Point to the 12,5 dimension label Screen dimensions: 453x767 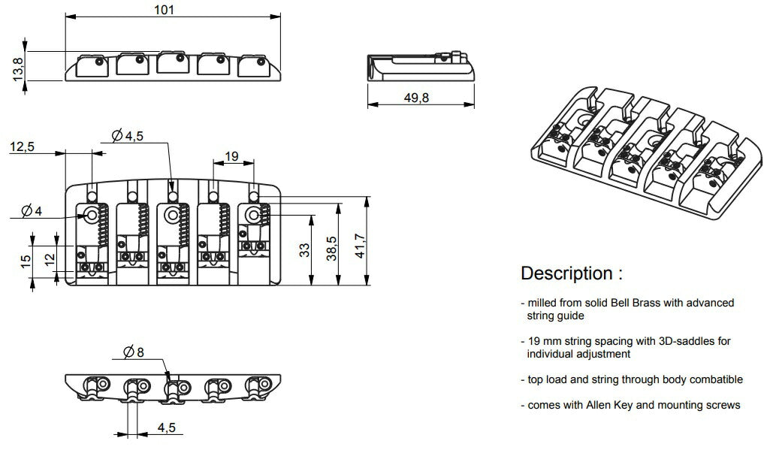(22, 147)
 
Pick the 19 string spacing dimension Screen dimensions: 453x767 (231, 156)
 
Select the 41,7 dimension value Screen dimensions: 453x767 (361, 241)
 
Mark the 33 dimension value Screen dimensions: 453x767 (304, 250)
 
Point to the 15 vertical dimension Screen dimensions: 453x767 (26, 261)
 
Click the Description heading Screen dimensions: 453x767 (571, 273)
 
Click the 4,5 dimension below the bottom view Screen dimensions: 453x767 (168, 427)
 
